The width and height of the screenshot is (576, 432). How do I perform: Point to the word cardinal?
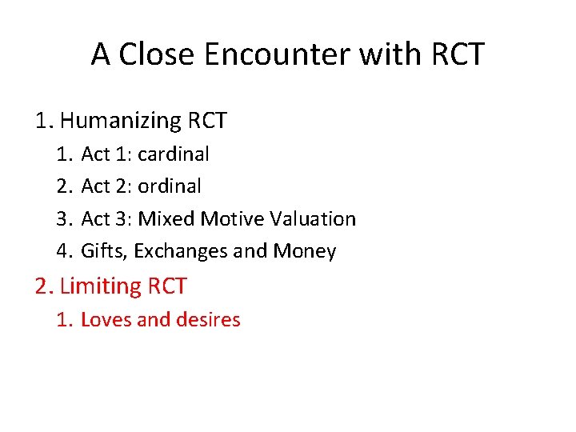(x=174, y=154)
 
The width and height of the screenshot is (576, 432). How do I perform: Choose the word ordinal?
(x=170, y=186)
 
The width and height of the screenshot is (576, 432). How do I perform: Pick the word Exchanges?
(x=181, y=251)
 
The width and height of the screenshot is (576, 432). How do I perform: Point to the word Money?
(x=305, y=251)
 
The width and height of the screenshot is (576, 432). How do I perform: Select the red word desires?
(x=207, y=320)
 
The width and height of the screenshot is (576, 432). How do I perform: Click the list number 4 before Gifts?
(x=63, y=251)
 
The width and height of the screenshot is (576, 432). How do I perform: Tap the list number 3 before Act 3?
(x=63, y=218)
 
